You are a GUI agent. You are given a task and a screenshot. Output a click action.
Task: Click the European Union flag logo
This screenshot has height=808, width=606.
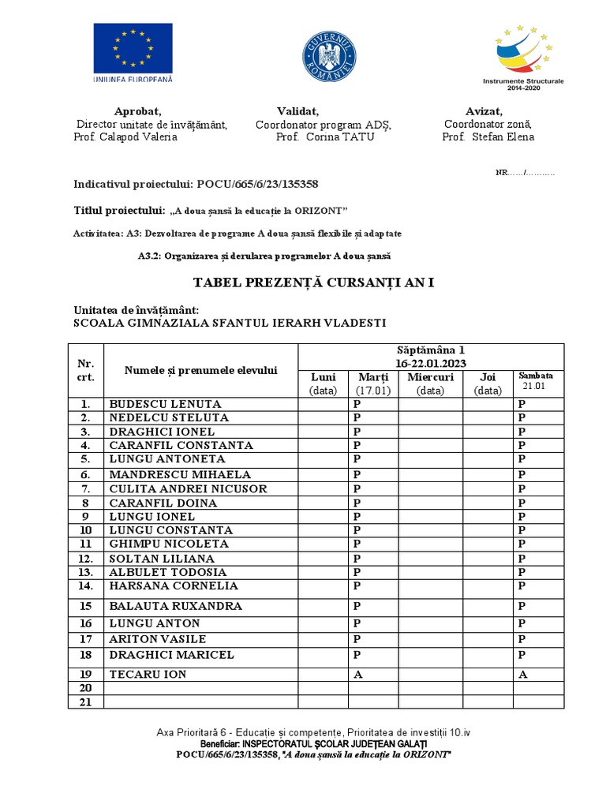(133, 49)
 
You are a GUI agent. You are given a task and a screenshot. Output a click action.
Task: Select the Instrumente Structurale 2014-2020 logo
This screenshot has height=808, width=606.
(523, 56)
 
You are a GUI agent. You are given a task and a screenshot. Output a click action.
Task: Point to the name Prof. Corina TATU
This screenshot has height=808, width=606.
(324, 137)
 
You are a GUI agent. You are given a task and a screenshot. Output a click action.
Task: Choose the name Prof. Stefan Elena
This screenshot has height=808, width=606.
(488, 137)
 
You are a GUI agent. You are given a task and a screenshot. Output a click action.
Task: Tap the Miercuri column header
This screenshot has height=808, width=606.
(429, 377)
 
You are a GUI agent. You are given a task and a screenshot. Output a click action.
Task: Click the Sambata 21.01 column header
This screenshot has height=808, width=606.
(538, 381)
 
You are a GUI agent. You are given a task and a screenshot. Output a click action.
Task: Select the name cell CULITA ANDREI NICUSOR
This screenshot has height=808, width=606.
(188, 488)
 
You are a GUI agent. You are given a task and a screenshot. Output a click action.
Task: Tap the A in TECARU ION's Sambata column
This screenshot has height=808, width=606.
(522, 675)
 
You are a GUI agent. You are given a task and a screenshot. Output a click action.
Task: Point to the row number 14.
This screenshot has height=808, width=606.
(85, 585)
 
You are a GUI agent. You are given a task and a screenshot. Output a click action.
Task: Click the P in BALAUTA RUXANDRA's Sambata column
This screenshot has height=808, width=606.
(522, 606)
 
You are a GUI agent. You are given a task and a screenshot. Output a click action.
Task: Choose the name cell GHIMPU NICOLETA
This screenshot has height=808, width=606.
(169, 544)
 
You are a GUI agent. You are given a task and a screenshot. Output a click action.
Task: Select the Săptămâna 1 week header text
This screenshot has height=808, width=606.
(431, 350)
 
